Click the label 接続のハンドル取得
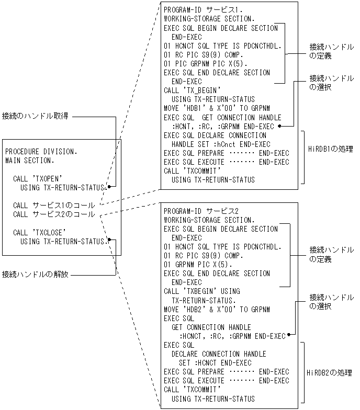point(35,116)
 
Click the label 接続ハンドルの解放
point(35,274)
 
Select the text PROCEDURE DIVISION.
point(41,152)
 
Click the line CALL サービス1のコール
point(54,206)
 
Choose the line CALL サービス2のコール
point(54,214)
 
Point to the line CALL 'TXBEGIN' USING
point(202,291)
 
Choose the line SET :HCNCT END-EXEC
point(215,363)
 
